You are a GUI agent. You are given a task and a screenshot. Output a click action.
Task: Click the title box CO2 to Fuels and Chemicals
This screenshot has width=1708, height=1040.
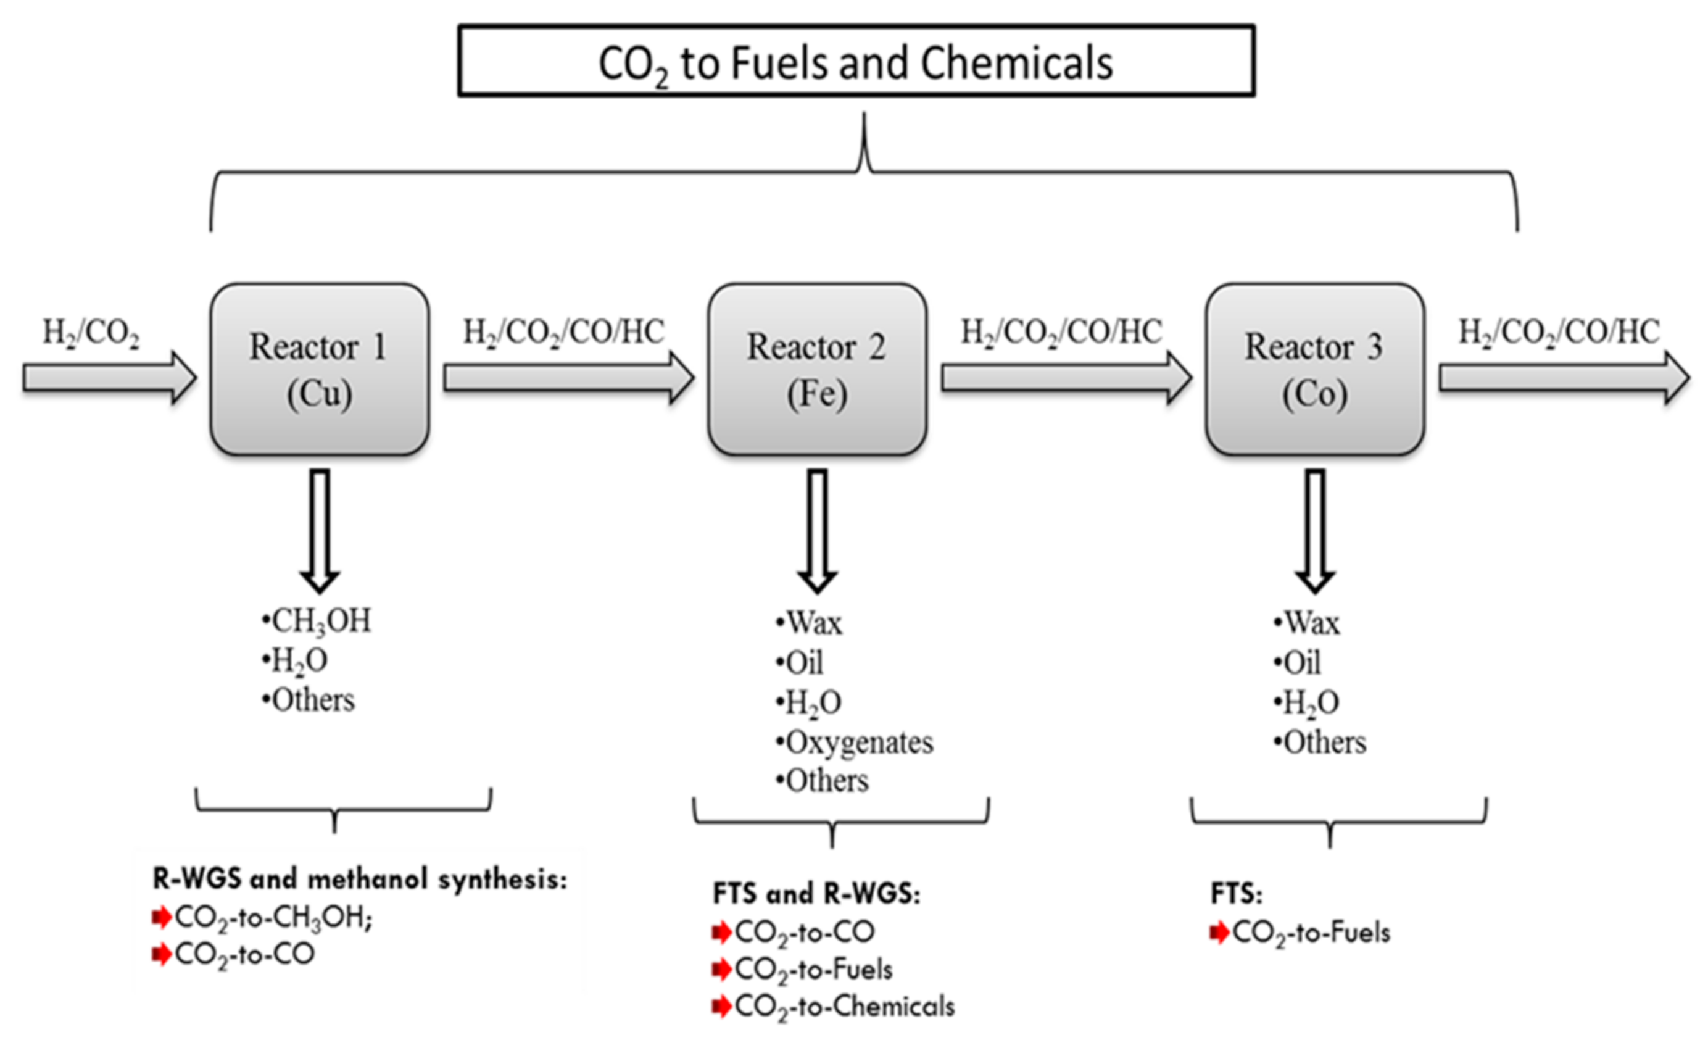[x=855, y=61]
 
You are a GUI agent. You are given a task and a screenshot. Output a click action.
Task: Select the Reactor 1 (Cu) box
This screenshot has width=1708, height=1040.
[x=320, y=369]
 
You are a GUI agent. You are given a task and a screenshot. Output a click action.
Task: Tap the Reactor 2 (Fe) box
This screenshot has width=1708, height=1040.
[x=816, y=369]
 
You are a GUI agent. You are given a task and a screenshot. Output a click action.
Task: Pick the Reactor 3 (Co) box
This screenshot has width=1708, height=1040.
[x=1314, y=369]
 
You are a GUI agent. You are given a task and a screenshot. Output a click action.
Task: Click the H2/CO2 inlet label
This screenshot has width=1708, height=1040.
[x=91, y=333]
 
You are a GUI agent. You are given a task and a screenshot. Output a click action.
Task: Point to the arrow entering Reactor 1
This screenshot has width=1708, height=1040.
[x=109, y=378]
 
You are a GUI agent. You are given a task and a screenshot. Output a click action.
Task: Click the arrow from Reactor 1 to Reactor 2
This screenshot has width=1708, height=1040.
[x=568, y=378]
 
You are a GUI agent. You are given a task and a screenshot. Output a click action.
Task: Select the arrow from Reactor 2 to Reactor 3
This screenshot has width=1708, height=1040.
[x=1066, y=378]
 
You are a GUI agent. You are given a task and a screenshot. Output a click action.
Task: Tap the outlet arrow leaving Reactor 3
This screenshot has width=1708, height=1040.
[x=1564, y=378]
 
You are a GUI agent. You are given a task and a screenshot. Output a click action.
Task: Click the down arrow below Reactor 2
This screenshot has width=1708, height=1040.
[x=817, y=530]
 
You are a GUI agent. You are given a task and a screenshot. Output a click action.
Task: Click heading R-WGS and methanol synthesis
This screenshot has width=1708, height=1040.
[x=360, y=879]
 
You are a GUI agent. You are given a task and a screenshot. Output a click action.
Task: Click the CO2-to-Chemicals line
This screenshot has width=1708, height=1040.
[x=843, y=1007]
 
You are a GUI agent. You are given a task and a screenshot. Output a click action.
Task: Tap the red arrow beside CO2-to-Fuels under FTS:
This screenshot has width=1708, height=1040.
[x=1219, y=933]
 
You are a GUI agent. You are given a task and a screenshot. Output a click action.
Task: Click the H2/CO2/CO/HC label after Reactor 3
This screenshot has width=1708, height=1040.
[x=1559, y=332]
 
